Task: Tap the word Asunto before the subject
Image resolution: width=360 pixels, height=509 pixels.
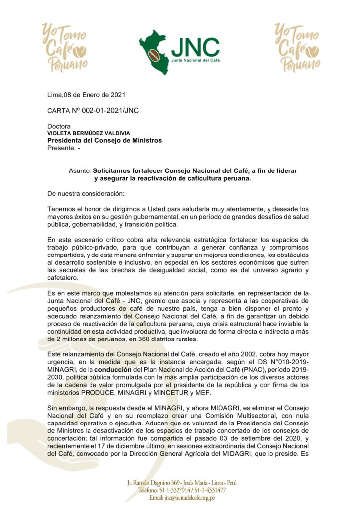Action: [80, 170]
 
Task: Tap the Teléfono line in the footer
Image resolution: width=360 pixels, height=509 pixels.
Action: [182, 490]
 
